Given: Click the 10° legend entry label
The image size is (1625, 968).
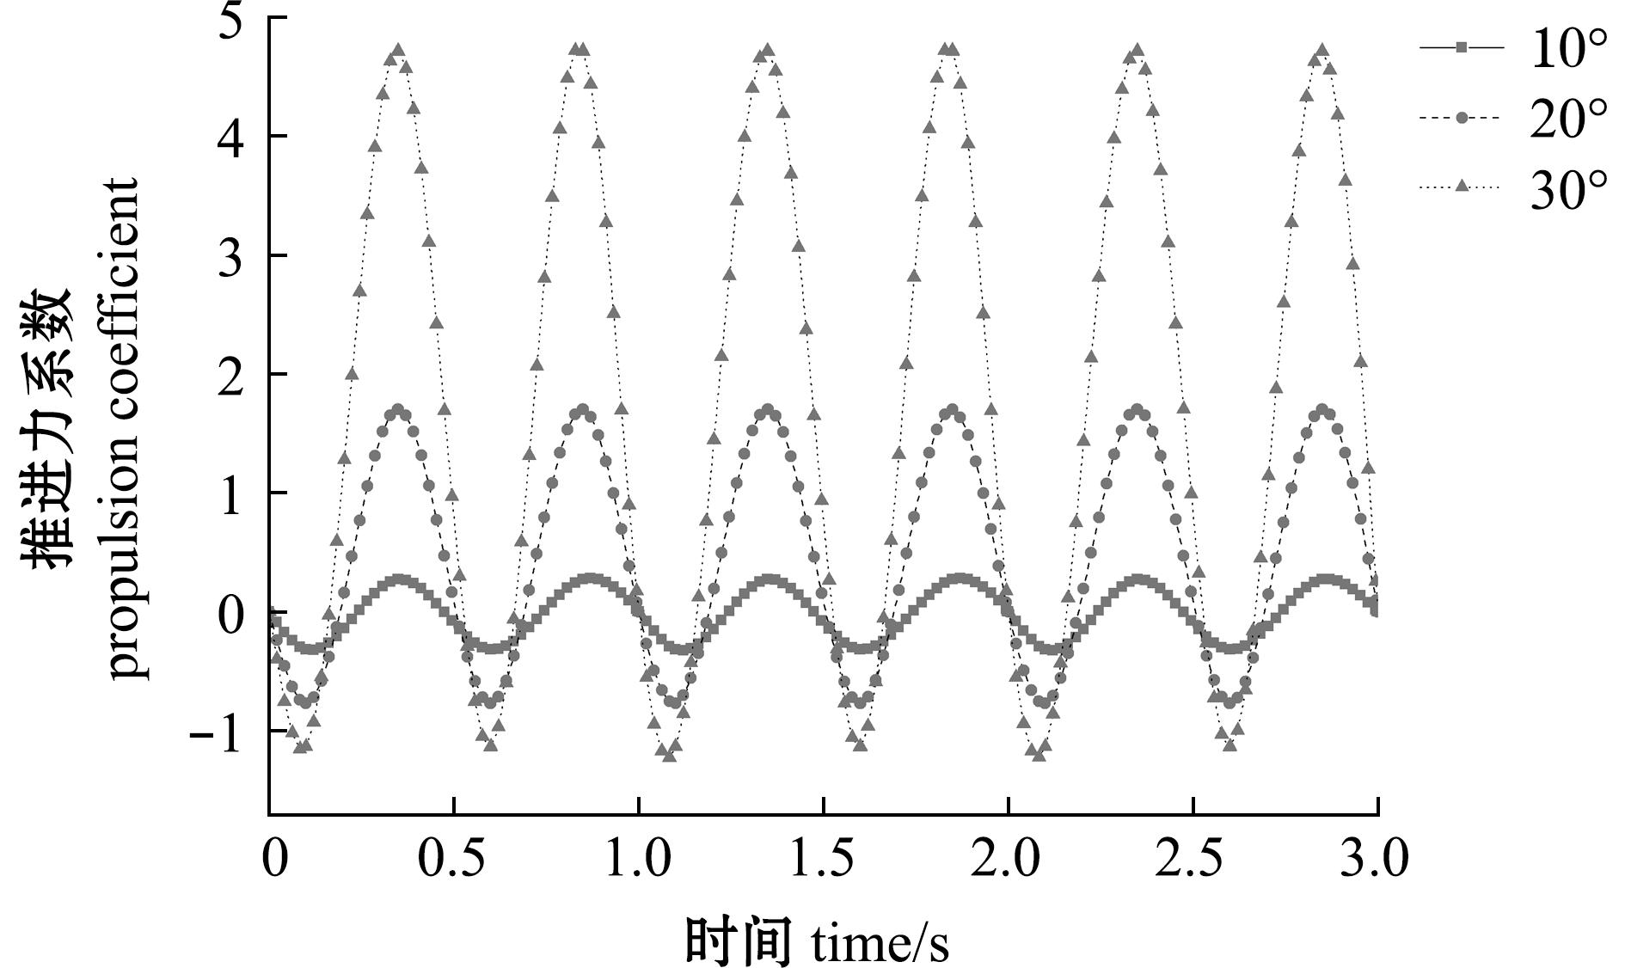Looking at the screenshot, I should [x=1567, y=51].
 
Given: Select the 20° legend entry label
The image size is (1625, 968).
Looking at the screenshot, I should [x=1567, y=119].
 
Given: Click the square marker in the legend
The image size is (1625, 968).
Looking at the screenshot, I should [x=1461, y=48].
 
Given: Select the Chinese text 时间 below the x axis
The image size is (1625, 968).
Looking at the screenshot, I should [x=738, y=941].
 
